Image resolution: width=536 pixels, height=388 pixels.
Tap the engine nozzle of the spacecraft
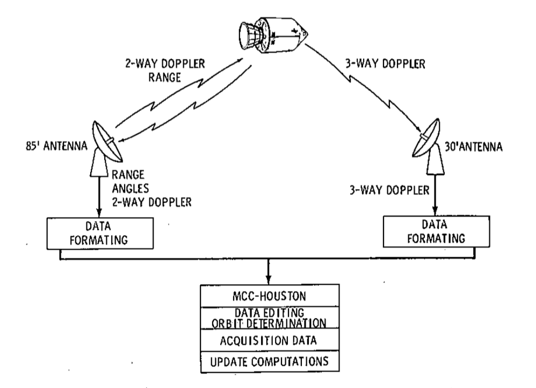248,34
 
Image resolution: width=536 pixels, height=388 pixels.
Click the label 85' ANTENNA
56,146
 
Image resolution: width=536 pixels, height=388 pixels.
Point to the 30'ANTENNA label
474,147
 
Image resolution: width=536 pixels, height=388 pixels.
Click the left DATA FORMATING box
100,233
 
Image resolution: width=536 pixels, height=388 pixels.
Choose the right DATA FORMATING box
436,232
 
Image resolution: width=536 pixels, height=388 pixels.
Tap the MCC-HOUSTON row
270,296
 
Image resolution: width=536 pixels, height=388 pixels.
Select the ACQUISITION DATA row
270,341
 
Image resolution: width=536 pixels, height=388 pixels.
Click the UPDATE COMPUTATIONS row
270,362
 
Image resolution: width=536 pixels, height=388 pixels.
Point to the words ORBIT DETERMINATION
269,324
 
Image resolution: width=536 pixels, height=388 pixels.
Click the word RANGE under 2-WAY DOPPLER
164,78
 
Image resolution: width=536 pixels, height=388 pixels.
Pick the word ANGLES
131,188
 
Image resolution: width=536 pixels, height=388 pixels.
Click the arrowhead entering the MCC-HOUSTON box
269,279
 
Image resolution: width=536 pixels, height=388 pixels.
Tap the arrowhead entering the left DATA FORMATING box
99,213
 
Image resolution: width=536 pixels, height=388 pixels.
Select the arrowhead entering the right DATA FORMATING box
436,211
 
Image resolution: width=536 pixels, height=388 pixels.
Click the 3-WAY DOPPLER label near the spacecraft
385,64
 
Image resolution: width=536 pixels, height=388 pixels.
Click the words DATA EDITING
270,313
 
